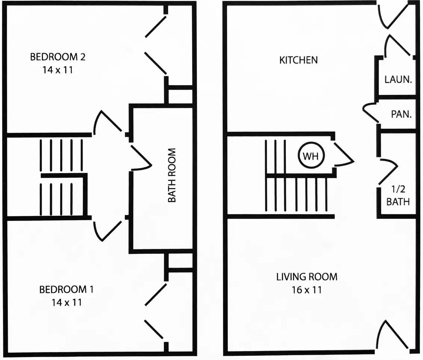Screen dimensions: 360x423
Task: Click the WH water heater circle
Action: click(x=311, y=156)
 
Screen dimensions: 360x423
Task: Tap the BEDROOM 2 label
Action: click(x=58, y=57)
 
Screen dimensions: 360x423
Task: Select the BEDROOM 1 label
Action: click(x=67, y=289)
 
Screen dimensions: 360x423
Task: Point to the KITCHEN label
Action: click(x=298, y=60)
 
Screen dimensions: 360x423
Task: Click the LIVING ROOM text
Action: click(x=306, y=277)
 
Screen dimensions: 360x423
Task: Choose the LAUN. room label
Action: click(x=398, y=79)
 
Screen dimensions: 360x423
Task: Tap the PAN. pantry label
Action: click(x=401, y=114)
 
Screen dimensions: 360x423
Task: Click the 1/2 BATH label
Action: click(x=398, y=196)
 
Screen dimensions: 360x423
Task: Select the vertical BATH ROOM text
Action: click(x=172, y=175)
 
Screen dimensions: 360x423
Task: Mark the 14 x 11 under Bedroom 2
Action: click(x=58, y=70)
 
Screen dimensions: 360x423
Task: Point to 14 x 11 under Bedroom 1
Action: click(x=67, y=302)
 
